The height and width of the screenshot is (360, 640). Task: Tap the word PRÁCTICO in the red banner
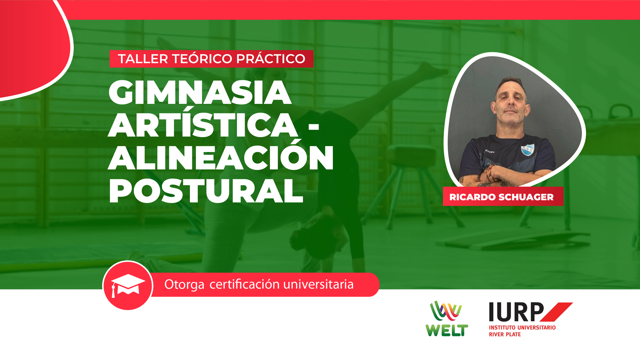[271, 59]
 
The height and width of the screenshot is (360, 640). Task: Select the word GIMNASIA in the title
[200, 93]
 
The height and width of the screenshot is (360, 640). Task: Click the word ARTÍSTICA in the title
[203, 125]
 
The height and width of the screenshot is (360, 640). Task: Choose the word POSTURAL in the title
[206, 191]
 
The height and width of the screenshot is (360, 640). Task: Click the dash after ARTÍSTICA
[314, 127]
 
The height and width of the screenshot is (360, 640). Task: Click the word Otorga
[184, 285]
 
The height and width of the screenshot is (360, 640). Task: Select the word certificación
[244, 284]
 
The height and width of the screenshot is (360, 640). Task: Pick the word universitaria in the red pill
[318, 284]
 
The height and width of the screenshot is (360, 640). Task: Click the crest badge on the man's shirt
[527, 150]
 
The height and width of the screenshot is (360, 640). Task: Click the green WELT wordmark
[447, 330]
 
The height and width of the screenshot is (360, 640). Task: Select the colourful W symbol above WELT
[446, 311]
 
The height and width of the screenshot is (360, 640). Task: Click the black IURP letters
[516, 312]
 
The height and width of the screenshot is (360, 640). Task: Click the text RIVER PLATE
[505, 334]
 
